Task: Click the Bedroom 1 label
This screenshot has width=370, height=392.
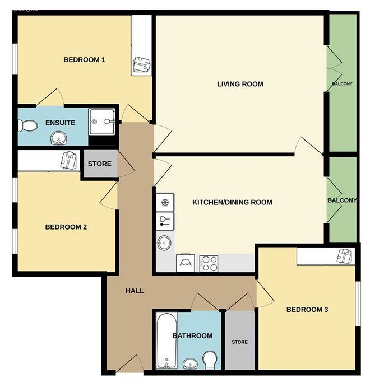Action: pos(84,60)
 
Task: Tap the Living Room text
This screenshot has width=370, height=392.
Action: pos(240,84)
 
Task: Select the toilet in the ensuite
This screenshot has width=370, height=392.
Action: pos(28,125)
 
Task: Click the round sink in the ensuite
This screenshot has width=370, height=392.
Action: pos(59,138)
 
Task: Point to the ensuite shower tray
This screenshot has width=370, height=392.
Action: pos(102,122)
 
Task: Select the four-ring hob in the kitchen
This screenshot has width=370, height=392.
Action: pos(209,263)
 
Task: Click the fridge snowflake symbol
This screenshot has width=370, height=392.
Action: pos(165,202)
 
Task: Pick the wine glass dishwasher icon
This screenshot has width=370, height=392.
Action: pos(165,221)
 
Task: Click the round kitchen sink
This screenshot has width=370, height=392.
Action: pos(164,242)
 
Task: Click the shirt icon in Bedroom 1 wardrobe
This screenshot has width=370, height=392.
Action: pos(142,64)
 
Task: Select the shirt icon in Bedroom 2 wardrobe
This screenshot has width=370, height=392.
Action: pos(68,160)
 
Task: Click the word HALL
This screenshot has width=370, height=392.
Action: pos(135,291)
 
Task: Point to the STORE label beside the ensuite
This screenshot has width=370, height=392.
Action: pos(100,164)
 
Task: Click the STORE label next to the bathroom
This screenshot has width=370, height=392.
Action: pos(239,342)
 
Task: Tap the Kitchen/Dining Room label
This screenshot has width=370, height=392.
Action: pos(232,202)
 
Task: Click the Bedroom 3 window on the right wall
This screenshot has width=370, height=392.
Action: pos(358,304)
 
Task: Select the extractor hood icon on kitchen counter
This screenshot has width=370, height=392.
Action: pos(186,263)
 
